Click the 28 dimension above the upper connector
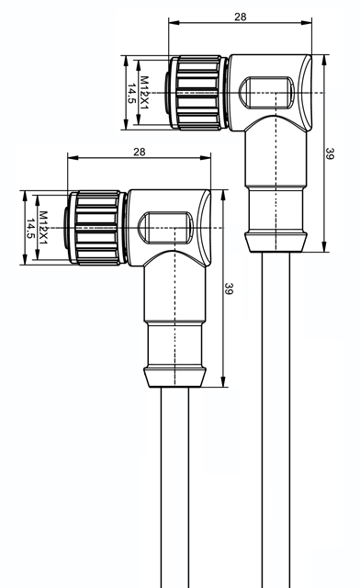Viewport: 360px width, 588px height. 241,17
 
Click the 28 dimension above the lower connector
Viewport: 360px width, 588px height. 139,152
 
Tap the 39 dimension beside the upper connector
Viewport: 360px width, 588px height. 330,153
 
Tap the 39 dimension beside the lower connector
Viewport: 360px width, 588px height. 229,288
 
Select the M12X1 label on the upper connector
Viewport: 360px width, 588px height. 144,93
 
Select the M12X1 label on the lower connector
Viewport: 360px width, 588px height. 43,228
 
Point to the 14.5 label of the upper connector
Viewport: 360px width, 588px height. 131,94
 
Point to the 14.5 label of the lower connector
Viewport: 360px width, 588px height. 30,229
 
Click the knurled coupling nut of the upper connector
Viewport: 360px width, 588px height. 198,93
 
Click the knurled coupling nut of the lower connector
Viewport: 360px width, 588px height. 98,228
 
